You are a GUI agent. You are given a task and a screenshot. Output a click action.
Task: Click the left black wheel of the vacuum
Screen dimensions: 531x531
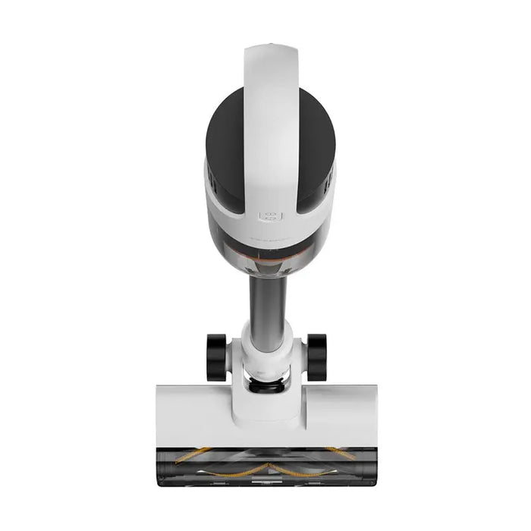(x=216, y=357)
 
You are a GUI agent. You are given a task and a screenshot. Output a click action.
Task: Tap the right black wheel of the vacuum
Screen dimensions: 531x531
(x=316, y=357)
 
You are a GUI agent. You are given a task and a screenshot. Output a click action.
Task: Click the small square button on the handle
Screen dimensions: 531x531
(x=269, y=215)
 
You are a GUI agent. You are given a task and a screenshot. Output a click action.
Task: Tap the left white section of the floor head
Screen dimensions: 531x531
(x=190, y=413)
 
